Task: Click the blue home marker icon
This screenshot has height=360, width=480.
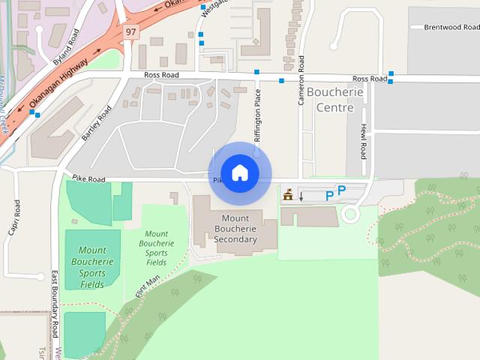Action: click(239, 172)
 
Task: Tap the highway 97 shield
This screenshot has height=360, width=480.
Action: click(131, 32)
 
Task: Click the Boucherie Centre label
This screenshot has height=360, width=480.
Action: click(334, 100)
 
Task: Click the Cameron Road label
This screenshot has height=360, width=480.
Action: click(301, 79)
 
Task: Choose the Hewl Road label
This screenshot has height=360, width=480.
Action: click(363, 141)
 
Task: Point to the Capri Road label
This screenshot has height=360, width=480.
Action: click(14, 218)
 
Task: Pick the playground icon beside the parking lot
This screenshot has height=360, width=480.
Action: click(287, 196)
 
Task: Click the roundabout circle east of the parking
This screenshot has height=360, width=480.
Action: click(349, 215)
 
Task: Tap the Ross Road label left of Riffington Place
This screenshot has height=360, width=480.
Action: click(161, 75)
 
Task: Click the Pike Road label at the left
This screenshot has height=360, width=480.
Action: click(88, 179)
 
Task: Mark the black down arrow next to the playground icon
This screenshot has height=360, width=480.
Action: click(301, 196)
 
